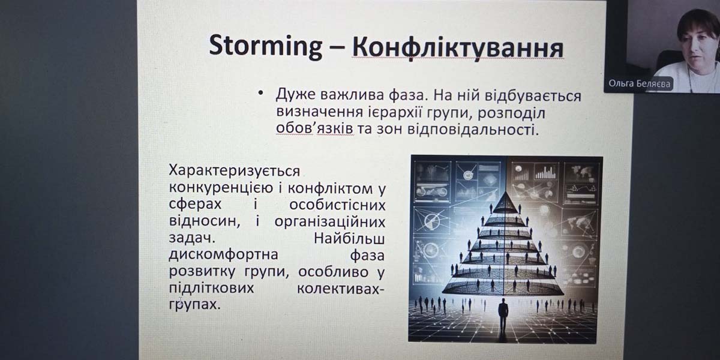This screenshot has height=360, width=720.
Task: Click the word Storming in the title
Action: pos(265,47)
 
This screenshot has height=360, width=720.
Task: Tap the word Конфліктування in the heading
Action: pos(458,48)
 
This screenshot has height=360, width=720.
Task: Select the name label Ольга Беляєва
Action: pos(640,84)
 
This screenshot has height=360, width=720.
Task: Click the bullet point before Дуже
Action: pos(260,94)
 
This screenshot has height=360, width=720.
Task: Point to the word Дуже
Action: pos(296,95)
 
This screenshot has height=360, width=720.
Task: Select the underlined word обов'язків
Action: pos(314,128)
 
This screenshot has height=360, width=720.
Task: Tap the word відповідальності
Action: pos(473,130)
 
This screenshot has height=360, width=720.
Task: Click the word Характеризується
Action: pos(235,172)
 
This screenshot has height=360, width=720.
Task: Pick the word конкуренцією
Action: pos(221,188)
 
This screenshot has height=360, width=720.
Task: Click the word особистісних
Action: pos(337,205)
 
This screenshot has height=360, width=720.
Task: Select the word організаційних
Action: pos(330,222)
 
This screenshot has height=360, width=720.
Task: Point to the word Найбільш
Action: pos(349,239)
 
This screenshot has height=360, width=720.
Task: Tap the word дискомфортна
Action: pos(223,254)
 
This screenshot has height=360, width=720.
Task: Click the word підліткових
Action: pos(211,288)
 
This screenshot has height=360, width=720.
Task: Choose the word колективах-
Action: pos(340,289)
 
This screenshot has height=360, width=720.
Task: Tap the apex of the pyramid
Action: pos(506,191)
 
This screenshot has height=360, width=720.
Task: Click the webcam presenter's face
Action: pos(697,41)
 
